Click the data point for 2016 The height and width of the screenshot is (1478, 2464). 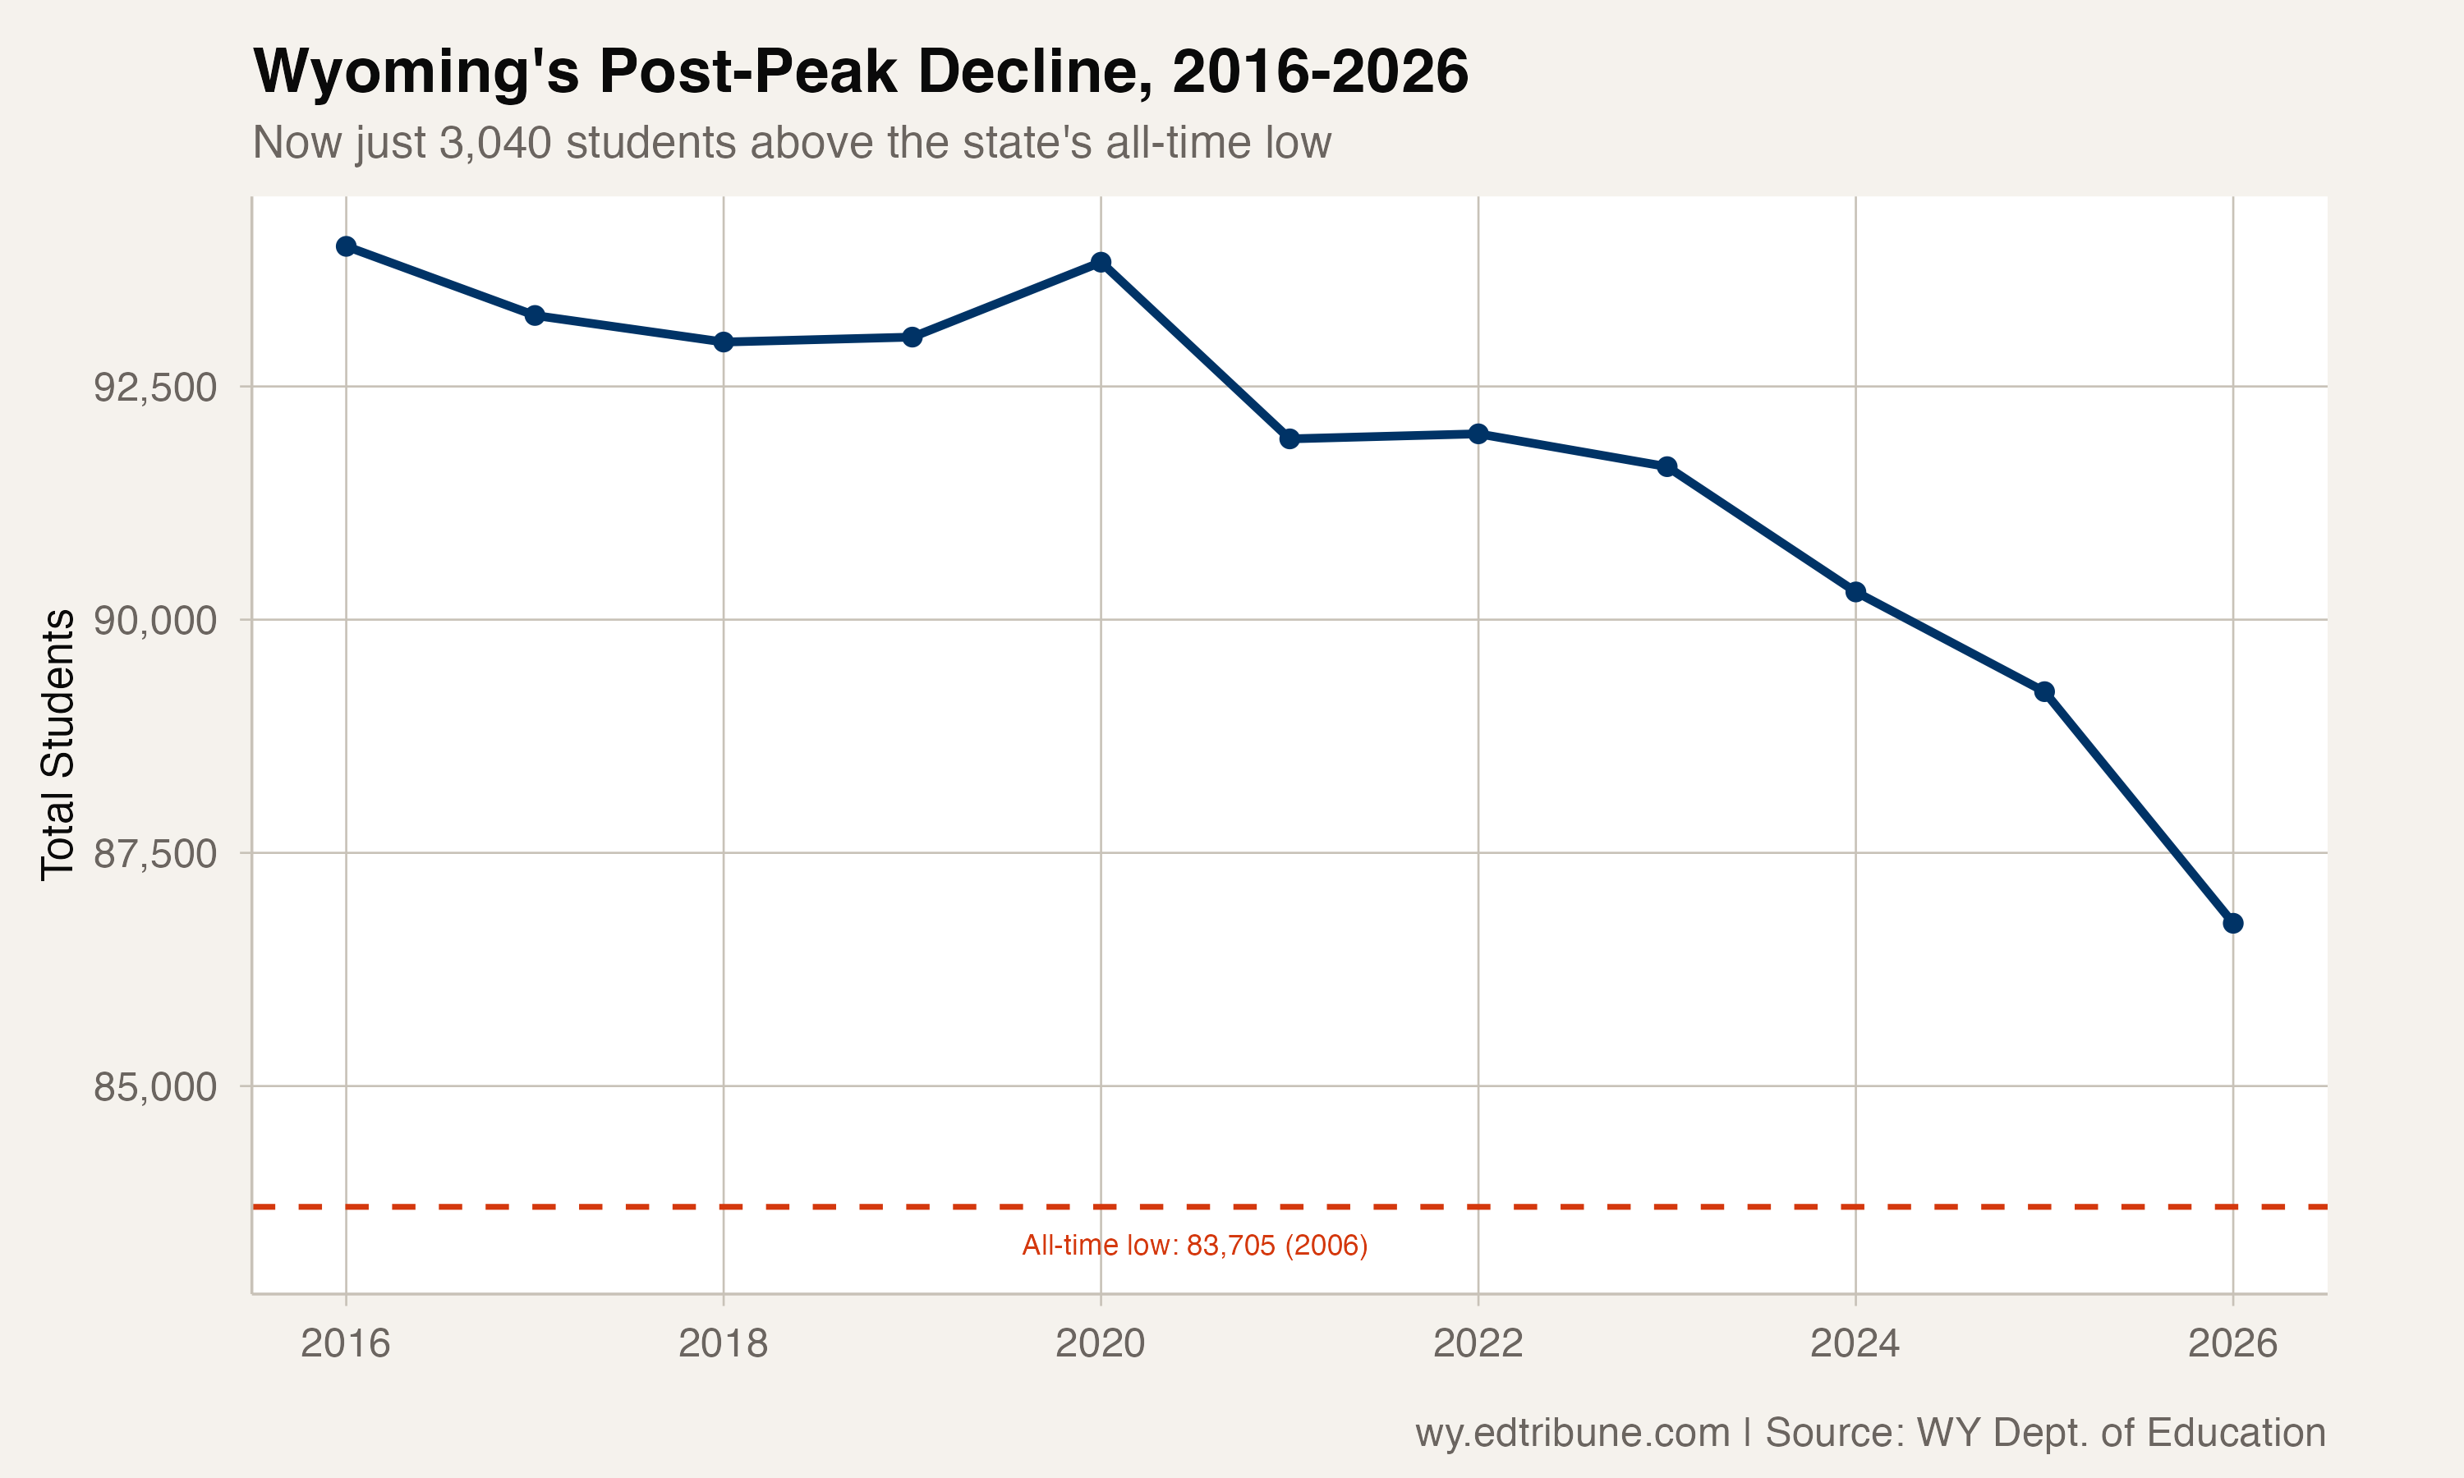click(346, 246)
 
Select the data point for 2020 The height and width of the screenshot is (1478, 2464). click(1101, 262)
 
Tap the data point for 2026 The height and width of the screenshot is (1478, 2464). click(2233, 923)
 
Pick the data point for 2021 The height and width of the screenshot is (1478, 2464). click(1289, 438)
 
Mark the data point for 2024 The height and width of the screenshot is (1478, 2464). click(1855, 591)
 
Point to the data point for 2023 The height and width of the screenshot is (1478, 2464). click(1667, 466)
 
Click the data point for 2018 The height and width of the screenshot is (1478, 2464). click(723, 342)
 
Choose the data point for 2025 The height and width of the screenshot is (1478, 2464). click(2044, 691)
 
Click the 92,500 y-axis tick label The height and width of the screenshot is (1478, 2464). click(154, 388)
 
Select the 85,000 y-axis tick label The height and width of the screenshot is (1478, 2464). click(154, 1086)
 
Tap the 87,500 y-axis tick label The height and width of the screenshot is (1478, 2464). click(154, 853)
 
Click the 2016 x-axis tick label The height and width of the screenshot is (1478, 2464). click(346, 1343)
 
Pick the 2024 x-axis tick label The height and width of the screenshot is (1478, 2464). click(1855, 1343)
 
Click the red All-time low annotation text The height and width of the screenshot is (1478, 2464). click(1194, 1246)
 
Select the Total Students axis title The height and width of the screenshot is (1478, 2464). click(57, 744)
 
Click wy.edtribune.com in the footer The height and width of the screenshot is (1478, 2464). click(1572, 1432)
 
